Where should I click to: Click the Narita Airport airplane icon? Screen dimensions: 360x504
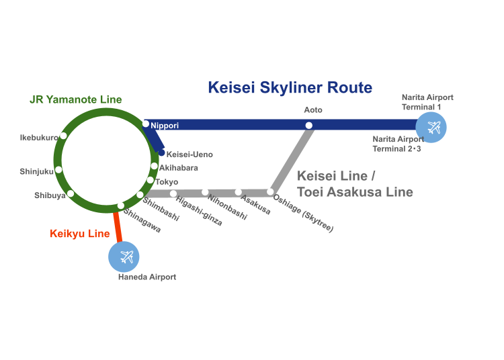431,127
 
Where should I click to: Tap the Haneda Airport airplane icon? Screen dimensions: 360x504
125,256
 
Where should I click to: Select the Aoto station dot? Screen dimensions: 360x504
309,125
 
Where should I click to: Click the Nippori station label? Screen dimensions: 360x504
165,126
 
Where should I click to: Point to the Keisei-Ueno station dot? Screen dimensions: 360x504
161,153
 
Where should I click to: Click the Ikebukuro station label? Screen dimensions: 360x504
39,138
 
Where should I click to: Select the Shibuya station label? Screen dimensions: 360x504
50,195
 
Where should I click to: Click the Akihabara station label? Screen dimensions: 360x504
178,167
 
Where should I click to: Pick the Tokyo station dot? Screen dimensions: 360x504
150,180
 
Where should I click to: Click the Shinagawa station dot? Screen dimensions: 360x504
121,206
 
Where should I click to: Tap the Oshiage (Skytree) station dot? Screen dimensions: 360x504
270,192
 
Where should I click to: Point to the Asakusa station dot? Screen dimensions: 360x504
238,192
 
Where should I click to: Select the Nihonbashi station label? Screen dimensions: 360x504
227,208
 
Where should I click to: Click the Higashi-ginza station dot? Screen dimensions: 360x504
173,193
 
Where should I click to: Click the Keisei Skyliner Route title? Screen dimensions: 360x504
290,87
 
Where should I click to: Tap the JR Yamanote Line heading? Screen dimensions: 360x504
76,99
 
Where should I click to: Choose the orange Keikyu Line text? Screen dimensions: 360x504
79,234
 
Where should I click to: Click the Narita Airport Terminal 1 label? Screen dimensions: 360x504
427,102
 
